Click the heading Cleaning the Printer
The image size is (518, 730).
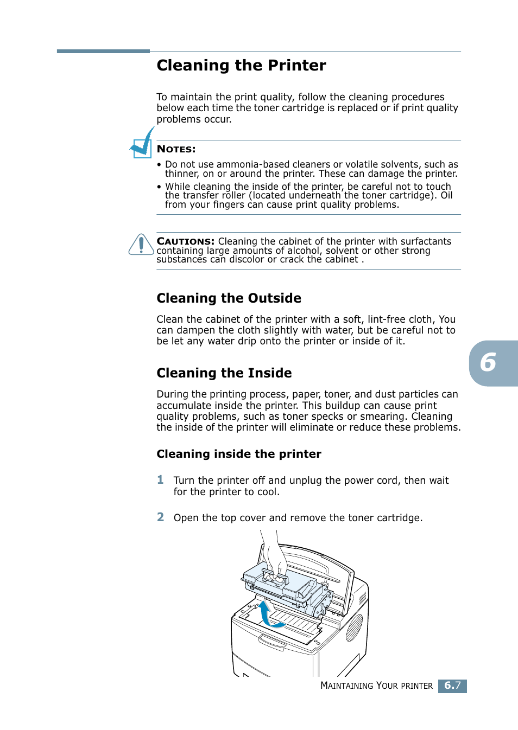pos(241,66)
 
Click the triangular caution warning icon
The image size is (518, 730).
pos(141,245)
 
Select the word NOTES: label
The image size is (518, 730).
pos(176,149)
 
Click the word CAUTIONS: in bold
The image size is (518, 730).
pos(185,241)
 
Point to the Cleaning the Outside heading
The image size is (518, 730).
pos(229,298)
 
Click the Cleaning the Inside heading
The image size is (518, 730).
pos(224,373)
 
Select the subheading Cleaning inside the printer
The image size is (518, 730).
pos(238,454)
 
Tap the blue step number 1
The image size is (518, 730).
pos(160,480)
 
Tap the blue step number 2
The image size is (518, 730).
pos(160,517)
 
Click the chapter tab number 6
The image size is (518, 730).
pos(489,363)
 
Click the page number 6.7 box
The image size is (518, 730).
pos(452,686)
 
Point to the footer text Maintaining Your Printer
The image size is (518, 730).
pos(376,686)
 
